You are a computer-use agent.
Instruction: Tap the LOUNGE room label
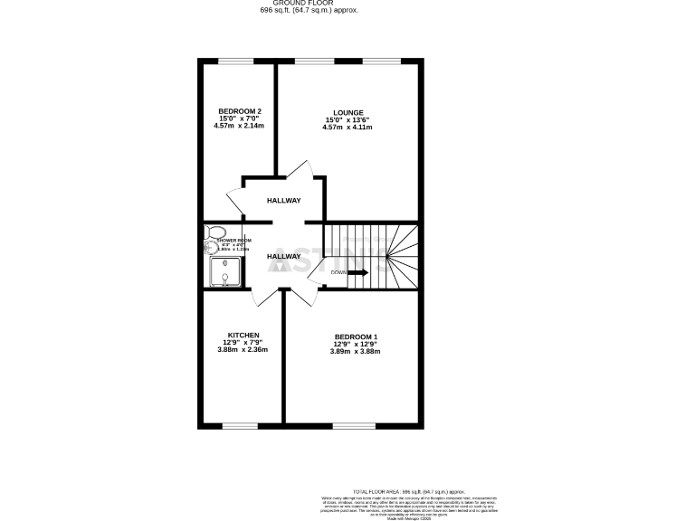347,113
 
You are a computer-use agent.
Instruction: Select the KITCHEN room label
243,335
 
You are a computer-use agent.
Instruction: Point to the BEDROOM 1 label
356,336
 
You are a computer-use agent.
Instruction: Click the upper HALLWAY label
283,201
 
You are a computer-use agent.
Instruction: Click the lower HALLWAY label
283,257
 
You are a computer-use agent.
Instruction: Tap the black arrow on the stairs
357,272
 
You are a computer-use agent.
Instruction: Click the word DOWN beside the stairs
338,272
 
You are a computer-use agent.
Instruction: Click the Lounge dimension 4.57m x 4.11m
347,128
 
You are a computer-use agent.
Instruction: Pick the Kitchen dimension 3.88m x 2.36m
243,349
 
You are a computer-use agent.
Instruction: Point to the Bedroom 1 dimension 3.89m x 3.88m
356,351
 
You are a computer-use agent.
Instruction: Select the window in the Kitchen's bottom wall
240,425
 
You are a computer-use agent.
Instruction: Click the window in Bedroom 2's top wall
235,62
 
